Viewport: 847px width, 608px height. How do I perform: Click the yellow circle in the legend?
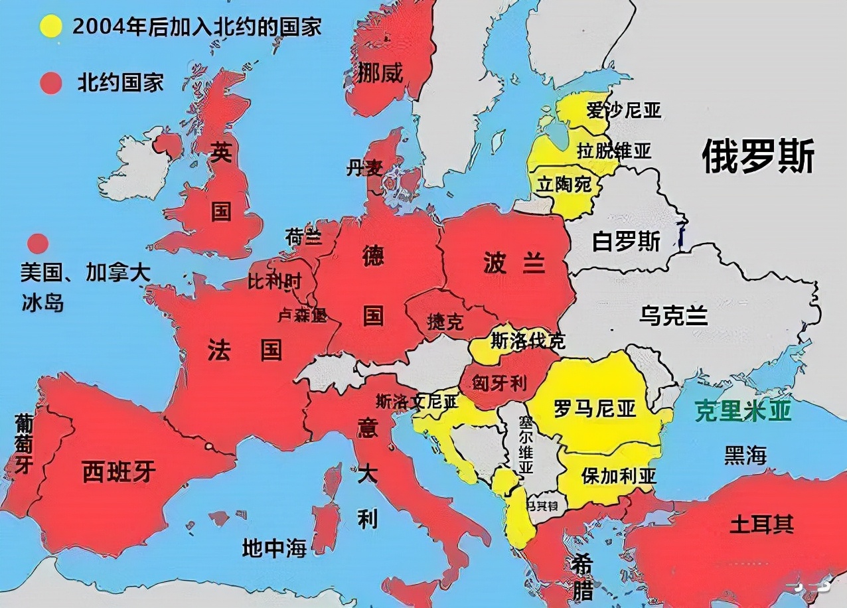click(51, 27)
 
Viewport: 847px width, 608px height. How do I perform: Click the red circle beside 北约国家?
click(51, 84)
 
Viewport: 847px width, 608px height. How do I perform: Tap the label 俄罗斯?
click(758, 157)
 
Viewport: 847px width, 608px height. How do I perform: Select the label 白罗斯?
click(626, 242)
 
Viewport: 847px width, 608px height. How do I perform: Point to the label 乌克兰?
click(673, 315)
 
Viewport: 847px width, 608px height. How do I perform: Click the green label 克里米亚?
click(743, 412)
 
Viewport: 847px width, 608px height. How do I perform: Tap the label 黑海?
click(745, 455)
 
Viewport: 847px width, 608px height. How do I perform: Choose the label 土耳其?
click(761, 524)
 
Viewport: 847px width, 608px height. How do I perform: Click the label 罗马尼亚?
click(595, 408)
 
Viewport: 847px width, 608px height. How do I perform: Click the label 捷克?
click(445, 323)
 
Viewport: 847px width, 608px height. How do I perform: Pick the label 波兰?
click(514, 264)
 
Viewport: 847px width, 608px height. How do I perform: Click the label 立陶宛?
click(564, 184)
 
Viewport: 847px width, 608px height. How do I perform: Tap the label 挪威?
click(380, 72)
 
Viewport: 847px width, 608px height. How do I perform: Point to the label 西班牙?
click(119, 471)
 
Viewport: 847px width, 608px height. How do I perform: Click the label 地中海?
click(274, 548)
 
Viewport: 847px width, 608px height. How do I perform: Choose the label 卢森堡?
click(302, 315)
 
